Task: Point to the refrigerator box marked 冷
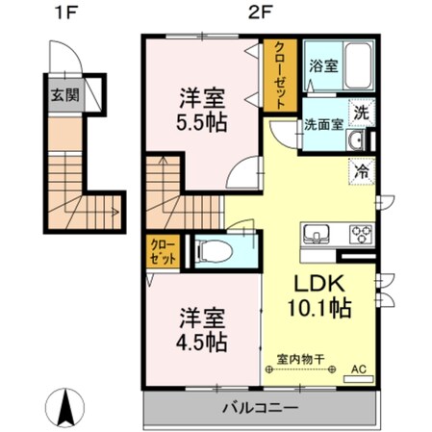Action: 360,173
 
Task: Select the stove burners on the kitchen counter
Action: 361,233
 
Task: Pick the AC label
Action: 359,368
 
